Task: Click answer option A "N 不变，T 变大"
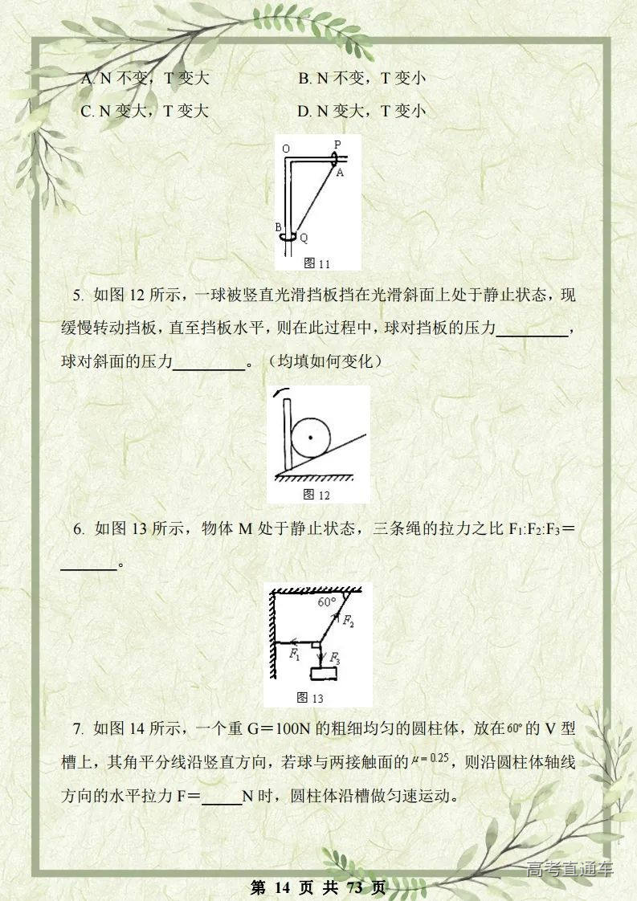pyautogui.click(x=145, y=79)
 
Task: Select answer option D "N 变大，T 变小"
pyautogui.click(x=361, y=111)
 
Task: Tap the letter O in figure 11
pyautogui.click(x=285, y=148)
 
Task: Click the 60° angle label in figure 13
pyautogui.click(x=326, y=601)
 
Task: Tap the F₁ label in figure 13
pyautogui.click(x=295, y=654)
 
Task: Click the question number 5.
pyautogui.click(x=78, y=295)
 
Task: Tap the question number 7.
pyautogui.click(x=78, y=729)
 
